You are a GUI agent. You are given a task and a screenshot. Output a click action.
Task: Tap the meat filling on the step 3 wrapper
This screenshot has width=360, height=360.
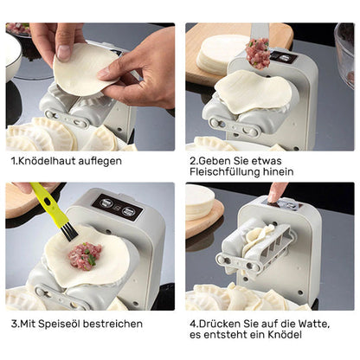pos(85,255)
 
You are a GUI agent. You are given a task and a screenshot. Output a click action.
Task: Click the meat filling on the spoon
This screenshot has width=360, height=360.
pos(258,54)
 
